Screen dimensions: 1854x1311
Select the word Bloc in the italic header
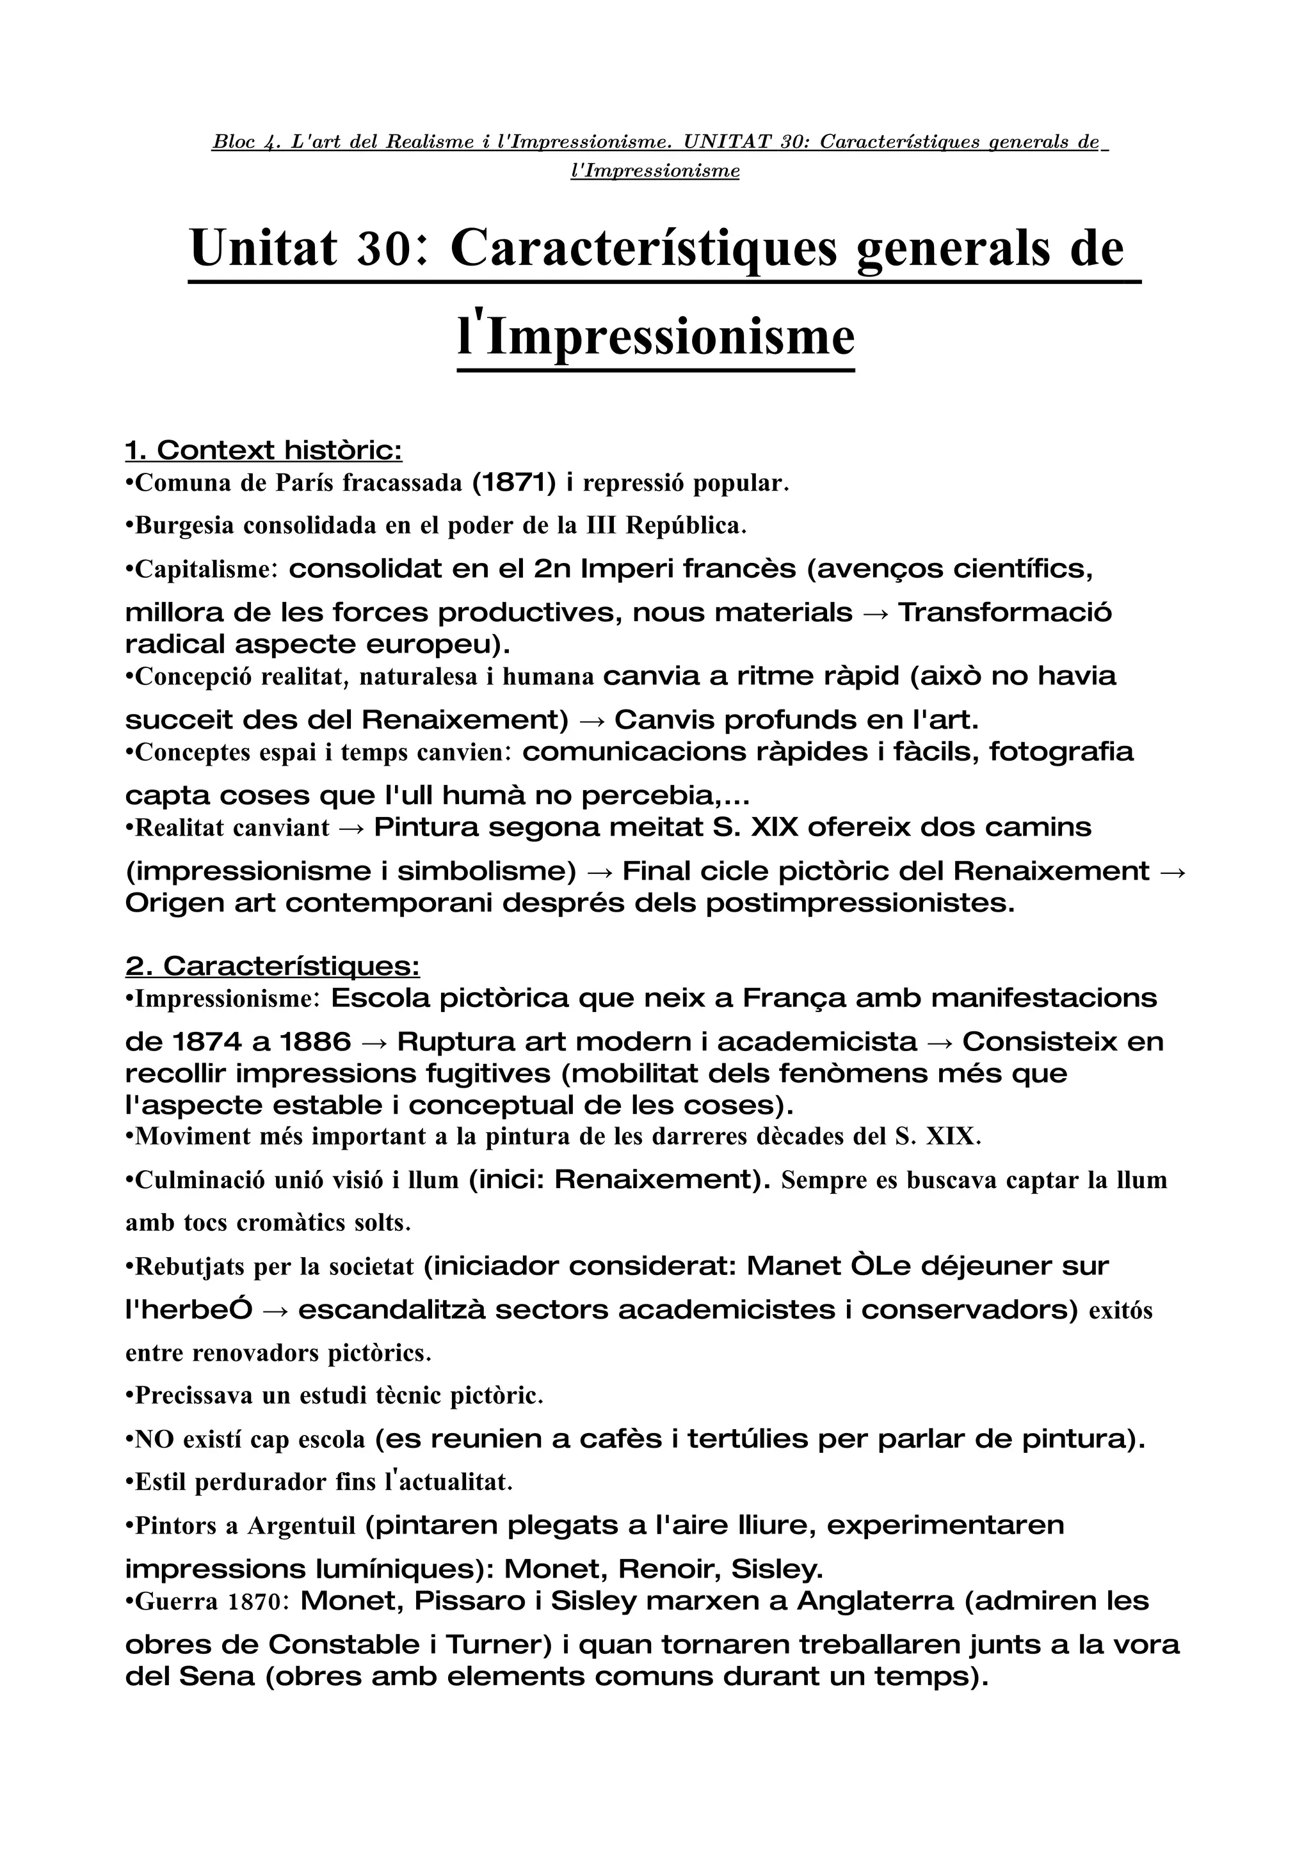(x=232, y=143)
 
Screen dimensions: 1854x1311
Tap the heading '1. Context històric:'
(x=263, y=450)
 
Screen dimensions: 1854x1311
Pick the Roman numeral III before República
(x=601, y=526)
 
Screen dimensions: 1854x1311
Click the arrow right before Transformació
(x=876, y=613)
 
